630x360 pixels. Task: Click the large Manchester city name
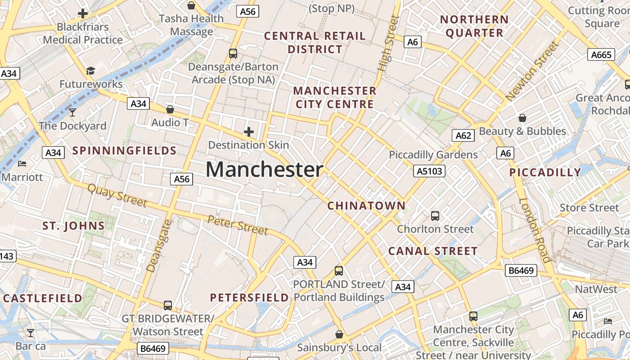tap(265, 170)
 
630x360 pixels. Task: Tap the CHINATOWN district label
tap(366, 206)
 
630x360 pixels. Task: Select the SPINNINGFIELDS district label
tap(125, 151)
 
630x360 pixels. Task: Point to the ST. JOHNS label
tap(73, 226)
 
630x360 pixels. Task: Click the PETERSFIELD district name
tap(249, 297)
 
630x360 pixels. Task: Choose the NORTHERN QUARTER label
tap(474, 26)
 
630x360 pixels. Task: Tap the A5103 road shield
tap(429, 171)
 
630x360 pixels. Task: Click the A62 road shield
tap(463, 135)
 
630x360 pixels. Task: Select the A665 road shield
tap(601, 55)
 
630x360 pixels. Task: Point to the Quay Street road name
tap(117, 195)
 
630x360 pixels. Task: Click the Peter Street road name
tap(238, 225)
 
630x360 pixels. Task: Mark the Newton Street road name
tap(533, 71)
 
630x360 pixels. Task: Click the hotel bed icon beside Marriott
tap(22, 164)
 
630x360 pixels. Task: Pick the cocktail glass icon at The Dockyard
tap(72, 112)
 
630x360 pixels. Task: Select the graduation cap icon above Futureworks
tap(91, 71)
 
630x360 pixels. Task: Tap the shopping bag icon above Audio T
tap(170, 109)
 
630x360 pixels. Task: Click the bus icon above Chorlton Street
tap(435, 216)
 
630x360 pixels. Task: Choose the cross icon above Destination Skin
tap(248, 132)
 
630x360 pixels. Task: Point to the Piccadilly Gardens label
tap(433, 155)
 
